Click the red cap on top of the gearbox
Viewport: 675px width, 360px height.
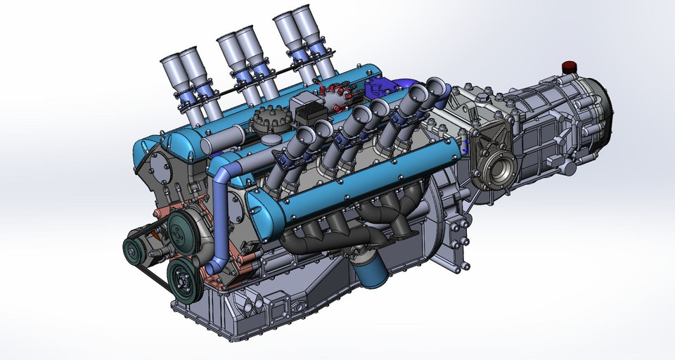(569, 67)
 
